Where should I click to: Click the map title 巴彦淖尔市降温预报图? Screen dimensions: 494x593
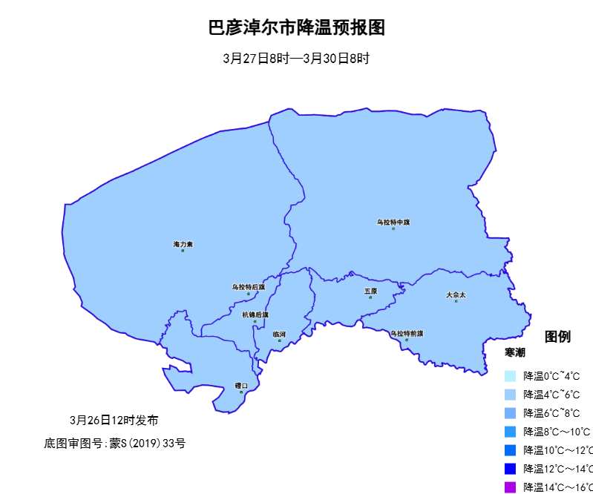pyautogui.click(x=296, y=28)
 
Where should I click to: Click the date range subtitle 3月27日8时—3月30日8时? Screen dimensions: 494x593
pyautogui.click(x=296, y=59)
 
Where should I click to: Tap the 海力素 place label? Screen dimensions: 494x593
pyautogui.click(x=183, y=244)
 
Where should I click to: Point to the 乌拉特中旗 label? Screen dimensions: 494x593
pyautogui.click(x=393, y=222)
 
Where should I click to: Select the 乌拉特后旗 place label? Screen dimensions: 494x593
pyautogui.click(x=248, y=287)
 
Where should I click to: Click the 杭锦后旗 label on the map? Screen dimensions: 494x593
pyautogui.click(x=255, y=314)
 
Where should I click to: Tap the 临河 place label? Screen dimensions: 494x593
pyautogui.click(x=279, y=335)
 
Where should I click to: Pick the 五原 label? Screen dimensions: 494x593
pyautogui.click(x=370, y=292)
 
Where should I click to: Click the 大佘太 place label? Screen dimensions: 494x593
pyautogui.click(x=456, y=295)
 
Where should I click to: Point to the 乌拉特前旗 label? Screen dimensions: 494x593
pyautogui.click(x=407, y=334)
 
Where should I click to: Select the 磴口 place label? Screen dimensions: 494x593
pyautogui.click(x=241, y=386)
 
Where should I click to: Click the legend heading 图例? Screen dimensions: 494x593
pyautogui.click(x=558, y=337)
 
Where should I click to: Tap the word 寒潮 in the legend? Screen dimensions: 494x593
pyautogui.click(x=515, y=352)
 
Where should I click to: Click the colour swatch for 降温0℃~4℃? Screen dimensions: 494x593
pyautogui.click(x=510, y=376)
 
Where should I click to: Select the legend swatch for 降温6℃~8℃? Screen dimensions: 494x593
pyautogui.click(x=510, y=413)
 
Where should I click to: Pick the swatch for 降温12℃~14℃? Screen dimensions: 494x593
pyautogui.click(x=510, y=469)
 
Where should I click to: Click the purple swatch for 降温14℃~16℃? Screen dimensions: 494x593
pyautogui.click(x=510, y=487)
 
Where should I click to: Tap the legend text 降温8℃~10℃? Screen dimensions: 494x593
pyautogui.click(x=557, y=432)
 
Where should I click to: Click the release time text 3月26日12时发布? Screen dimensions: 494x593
pyautogui.click(x=114, y=420)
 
